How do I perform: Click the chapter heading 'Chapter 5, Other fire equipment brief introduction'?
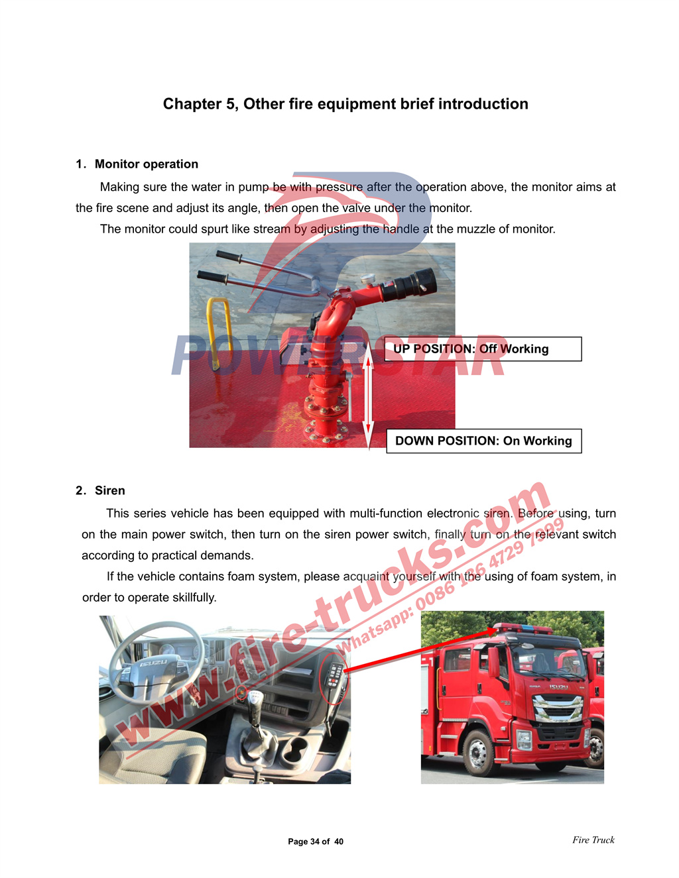[345, 104]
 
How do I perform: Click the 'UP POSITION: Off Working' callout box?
[483, 349]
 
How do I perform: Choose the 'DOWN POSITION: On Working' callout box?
[484, 441]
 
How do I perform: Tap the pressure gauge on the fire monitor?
[367, 279]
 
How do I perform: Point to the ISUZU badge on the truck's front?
[558, 687]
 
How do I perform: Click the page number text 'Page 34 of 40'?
[316, 842]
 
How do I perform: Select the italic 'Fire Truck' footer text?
[593, 840]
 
